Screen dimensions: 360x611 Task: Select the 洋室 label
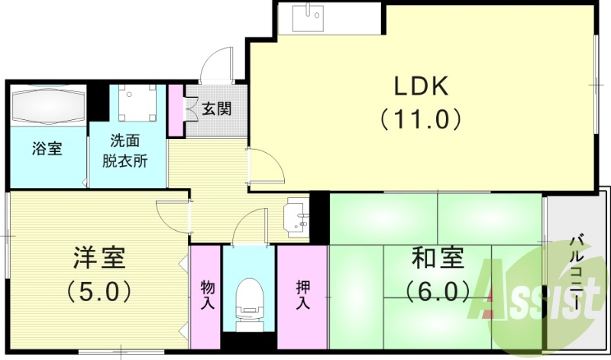[99, 258]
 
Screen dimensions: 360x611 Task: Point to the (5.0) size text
[99, 291]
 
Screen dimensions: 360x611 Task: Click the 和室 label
[436, 258]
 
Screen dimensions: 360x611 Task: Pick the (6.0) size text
[436, 291]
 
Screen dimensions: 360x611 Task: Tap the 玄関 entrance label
[216, 109]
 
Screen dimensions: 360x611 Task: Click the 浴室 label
[47, 148]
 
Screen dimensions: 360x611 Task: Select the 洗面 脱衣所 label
[125, 151]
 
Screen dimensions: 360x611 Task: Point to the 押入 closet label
[303, 294]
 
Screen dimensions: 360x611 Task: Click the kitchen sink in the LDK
[313, 16]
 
